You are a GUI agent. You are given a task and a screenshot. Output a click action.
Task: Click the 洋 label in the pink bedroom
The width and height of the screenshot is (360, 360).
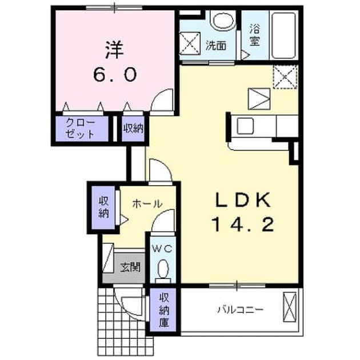tap(114, 50)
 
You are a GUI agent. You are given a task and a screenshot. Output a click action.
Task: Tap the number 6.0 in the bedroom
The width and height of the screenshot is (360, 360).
tap(115, 75)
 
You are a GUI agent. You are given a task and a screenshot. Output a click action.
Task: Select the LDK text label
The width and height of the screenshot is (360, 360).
tap(242, 200)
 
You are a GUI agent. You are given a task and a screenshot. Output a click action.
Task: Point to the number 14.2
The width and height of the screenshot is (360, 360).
tap(243, 225)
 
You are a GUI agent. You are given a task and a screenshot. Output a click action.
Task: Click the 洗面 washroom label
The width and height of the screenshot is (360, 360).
tap(216, 46)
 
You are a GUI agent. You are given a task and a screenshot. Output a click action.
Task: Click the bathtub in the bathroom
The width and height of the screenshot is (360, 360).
tap(283, 35)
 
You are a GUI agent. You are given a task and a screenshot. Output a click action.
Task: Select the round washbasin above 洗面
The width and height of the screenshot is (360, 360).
tap(223, 20)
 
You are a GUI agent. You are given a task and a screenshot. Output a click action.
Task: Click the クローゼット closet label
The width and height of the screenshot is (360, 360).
tap(80, 129)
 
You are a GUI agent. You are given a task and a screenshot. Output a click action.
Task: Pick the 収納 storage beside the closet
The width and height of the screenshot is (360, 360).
tap(133, 129)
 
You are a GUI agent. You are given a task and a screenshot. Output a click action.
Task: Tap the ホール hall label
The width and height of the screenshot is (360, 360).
tap(147, 204)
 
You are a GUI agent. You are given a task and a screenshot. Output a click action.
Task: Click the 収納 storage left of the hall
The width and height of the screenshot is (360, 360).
tap(104, 207)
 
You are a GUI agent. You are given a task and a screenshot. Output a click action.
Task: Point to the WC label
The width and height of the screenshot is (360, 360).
tap(162, 249)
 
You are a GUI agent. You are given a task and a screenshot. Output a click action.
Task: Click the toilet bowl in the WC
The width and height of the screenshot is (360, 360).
tap(163, 268)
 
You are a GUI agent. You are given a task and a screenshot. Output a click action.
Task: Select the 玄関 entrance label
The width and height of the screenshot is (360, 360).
tap(130, 267)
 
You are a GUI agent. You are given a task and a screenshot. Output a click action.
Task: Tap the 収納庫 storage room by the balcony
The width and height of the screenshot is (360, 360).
tap(164, 310)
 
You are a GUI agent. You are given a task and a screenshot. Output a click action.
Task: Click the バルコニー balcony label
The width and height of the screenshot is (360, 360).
tap(240, 310)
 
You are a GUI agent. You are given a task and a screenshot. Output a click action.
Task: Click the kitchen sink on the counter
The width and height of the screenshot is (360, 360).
tap(245, 126)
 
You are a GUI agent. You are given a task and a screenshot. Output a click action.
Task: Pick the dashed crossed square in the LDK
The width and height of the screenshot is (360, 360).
tap(285, 77)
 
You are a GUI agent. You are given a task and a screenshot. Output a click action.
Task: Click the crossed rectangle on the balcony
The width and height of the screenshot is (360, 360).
tap(290, 307)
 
